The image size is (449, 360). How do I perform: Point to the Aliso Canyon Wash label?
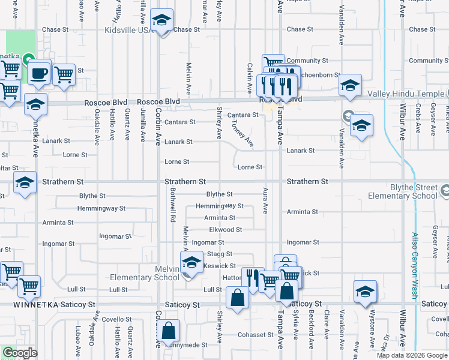[414, 265]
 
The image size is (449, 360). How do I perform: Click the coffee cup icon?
[39, 74]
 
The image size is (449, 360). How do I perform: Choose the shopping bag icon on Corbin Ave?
[169, 331]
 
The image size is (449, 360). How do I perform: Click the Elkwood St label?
[225, 230]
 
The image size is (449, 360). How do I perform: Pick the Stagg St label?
[220, 254]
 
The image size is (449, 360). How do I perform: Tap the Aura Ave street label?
[265, 200]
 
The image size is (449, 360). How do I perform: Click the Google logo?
[20, 353]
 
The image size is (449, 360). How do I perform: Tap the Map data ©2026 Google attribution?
[412, 355]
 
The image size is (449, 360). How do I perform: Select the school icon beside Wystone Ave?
[365, 292]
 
